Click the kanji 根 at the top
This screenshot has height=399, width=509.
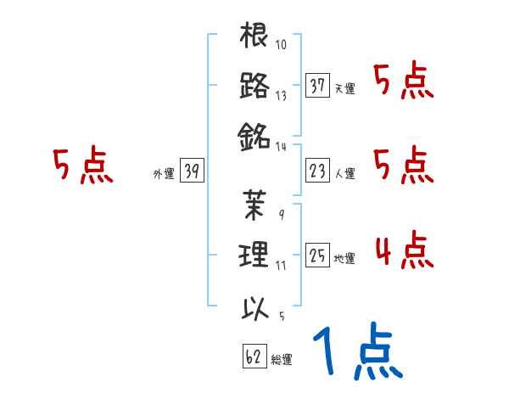coord(255,37)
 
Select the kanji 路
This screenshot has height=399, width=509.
coord(255,86)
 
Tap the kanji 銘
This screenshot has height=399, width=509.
coord(255,134)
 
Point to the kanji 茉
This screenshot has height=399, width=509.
coord(255,205)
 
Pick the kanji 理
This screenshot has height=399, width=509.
coord(255,254)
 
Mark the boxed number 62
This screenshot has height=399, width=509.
coord(252,357)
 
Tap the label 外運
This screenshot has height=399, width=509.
coord(164,174)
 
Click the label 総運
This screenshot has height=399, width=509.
coord(281,360)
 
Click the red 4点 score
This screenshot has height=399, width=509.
coord(403,250)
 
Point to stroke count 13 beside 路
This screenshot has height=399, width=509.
coord(281,95)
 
